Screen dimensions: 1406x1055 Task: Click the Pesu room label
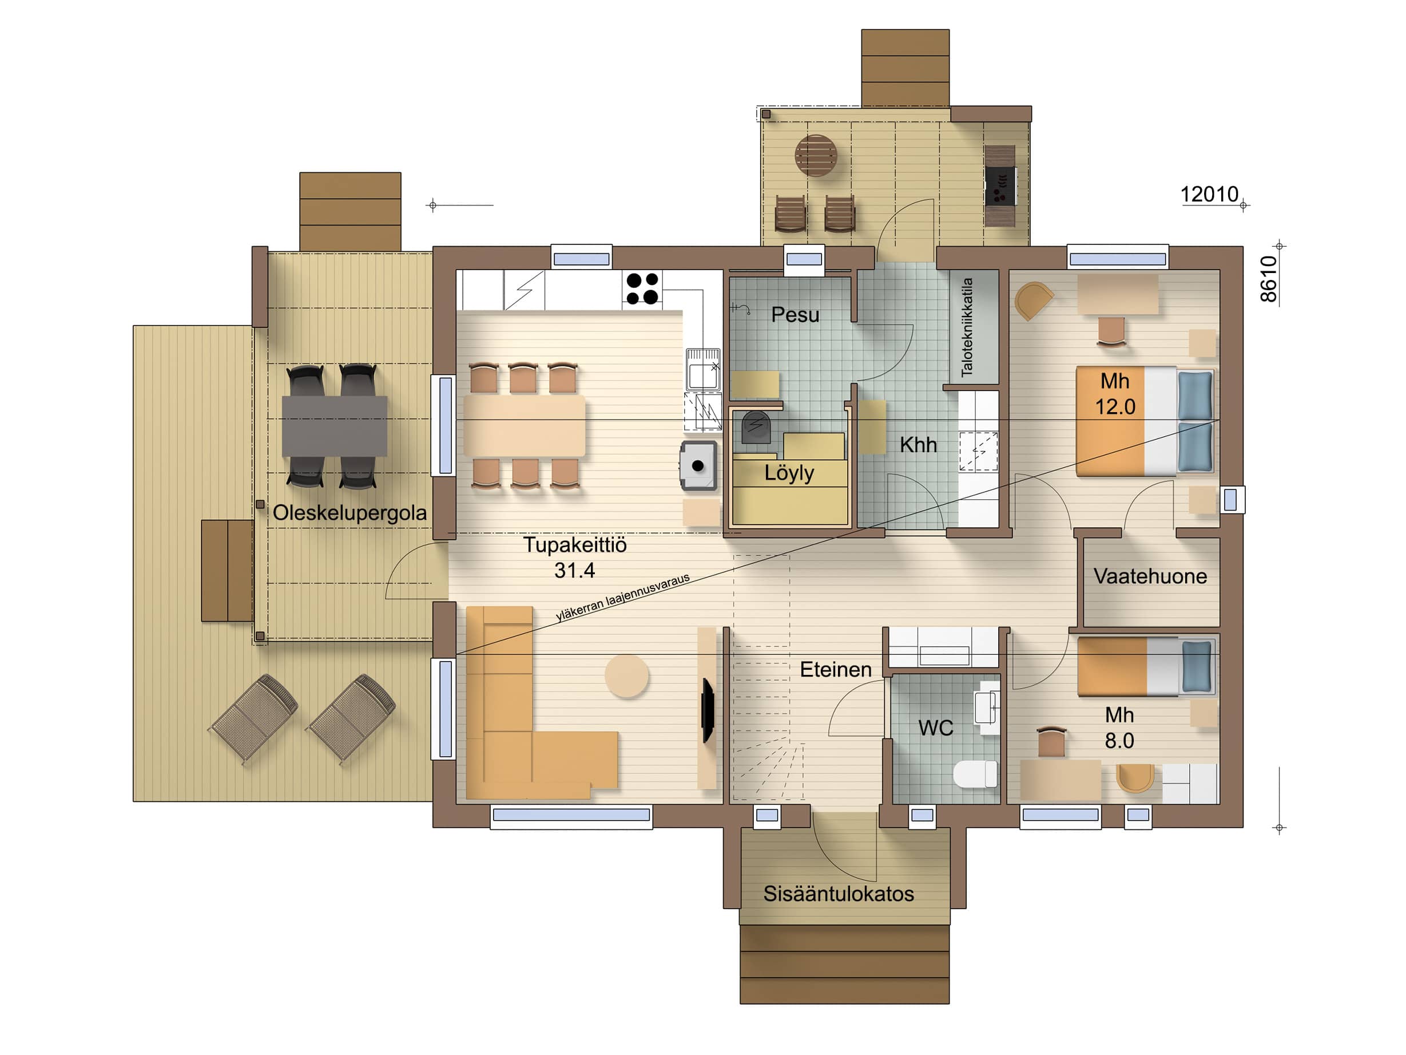[795, 315]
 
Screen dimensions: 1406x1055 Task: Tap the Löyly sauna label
[789, 474]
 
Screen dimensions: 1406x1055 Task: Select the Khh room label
[918, 445]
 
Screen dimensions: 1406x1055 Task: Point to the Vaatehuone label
[1150, 576]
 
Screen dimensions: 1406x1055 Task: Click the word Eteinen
[835, 670]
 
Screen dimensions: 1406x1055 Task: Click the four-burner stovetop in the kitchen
[642, 289]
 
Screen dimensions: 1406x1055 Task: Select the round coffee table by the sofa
[627, 675]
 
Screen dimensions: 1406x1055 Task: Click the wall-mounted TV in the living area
[708, 710]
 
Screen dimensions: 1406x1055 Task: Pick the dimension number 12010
[1209, 194]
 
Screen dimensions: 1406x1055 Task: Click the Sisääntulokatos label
[839, 894]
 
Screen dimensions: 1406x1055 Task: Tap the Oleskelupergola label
[349, 514]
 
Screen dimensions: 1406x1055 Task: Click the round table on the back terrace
[816, 156]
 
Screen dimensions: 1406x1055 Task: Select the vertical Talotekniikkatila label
[967, 327]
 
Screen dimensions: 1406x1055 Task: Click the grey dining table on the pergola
[334, 425]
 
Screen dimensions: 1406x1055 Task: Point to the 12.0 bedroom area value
[1115, 407]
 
